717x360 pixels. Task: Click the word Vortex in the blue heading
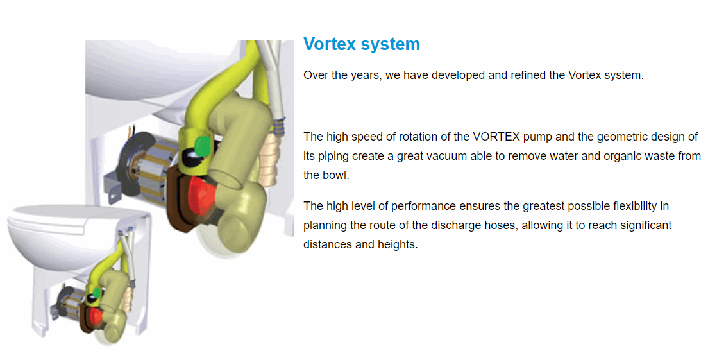[x=330, y=44]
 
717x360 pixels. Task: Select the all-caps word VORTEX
[x=496, y=137]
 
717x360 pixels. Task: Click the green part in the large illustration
[x=202, y=146]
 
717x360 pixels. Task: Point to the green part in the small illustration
[x=97, y=293]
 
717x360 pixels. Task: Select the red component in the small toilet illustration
[x=96, y=316]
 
